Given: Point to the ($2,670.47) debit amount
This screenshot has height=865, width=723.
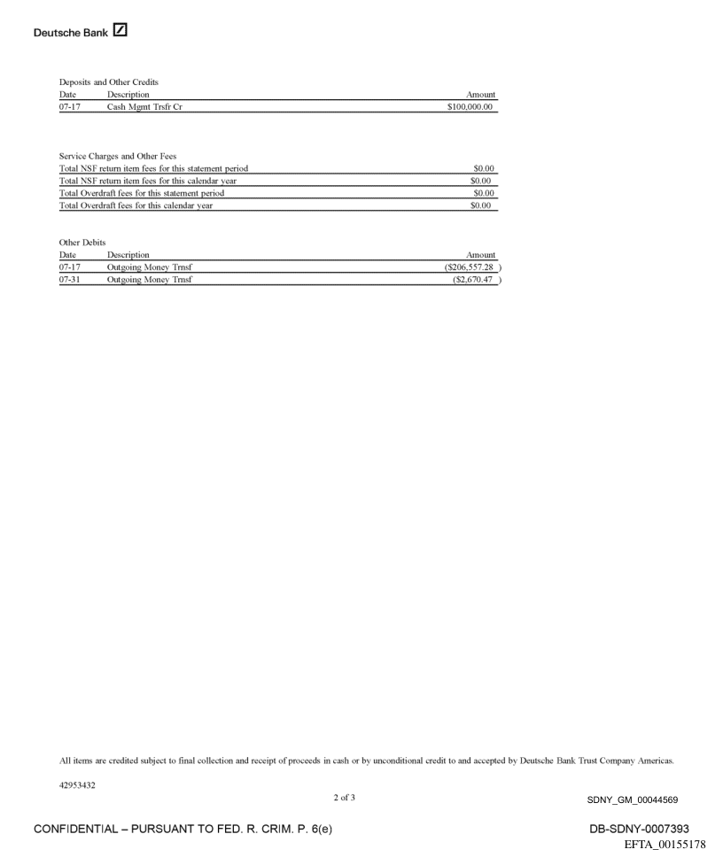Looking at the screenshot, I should coord(475,280).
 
